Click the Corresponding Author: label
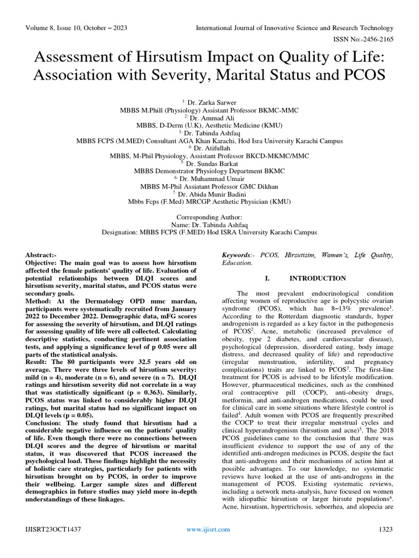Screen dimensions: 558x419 [209, 216]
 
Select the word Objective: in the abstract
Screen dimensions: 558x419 [44, 263]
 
